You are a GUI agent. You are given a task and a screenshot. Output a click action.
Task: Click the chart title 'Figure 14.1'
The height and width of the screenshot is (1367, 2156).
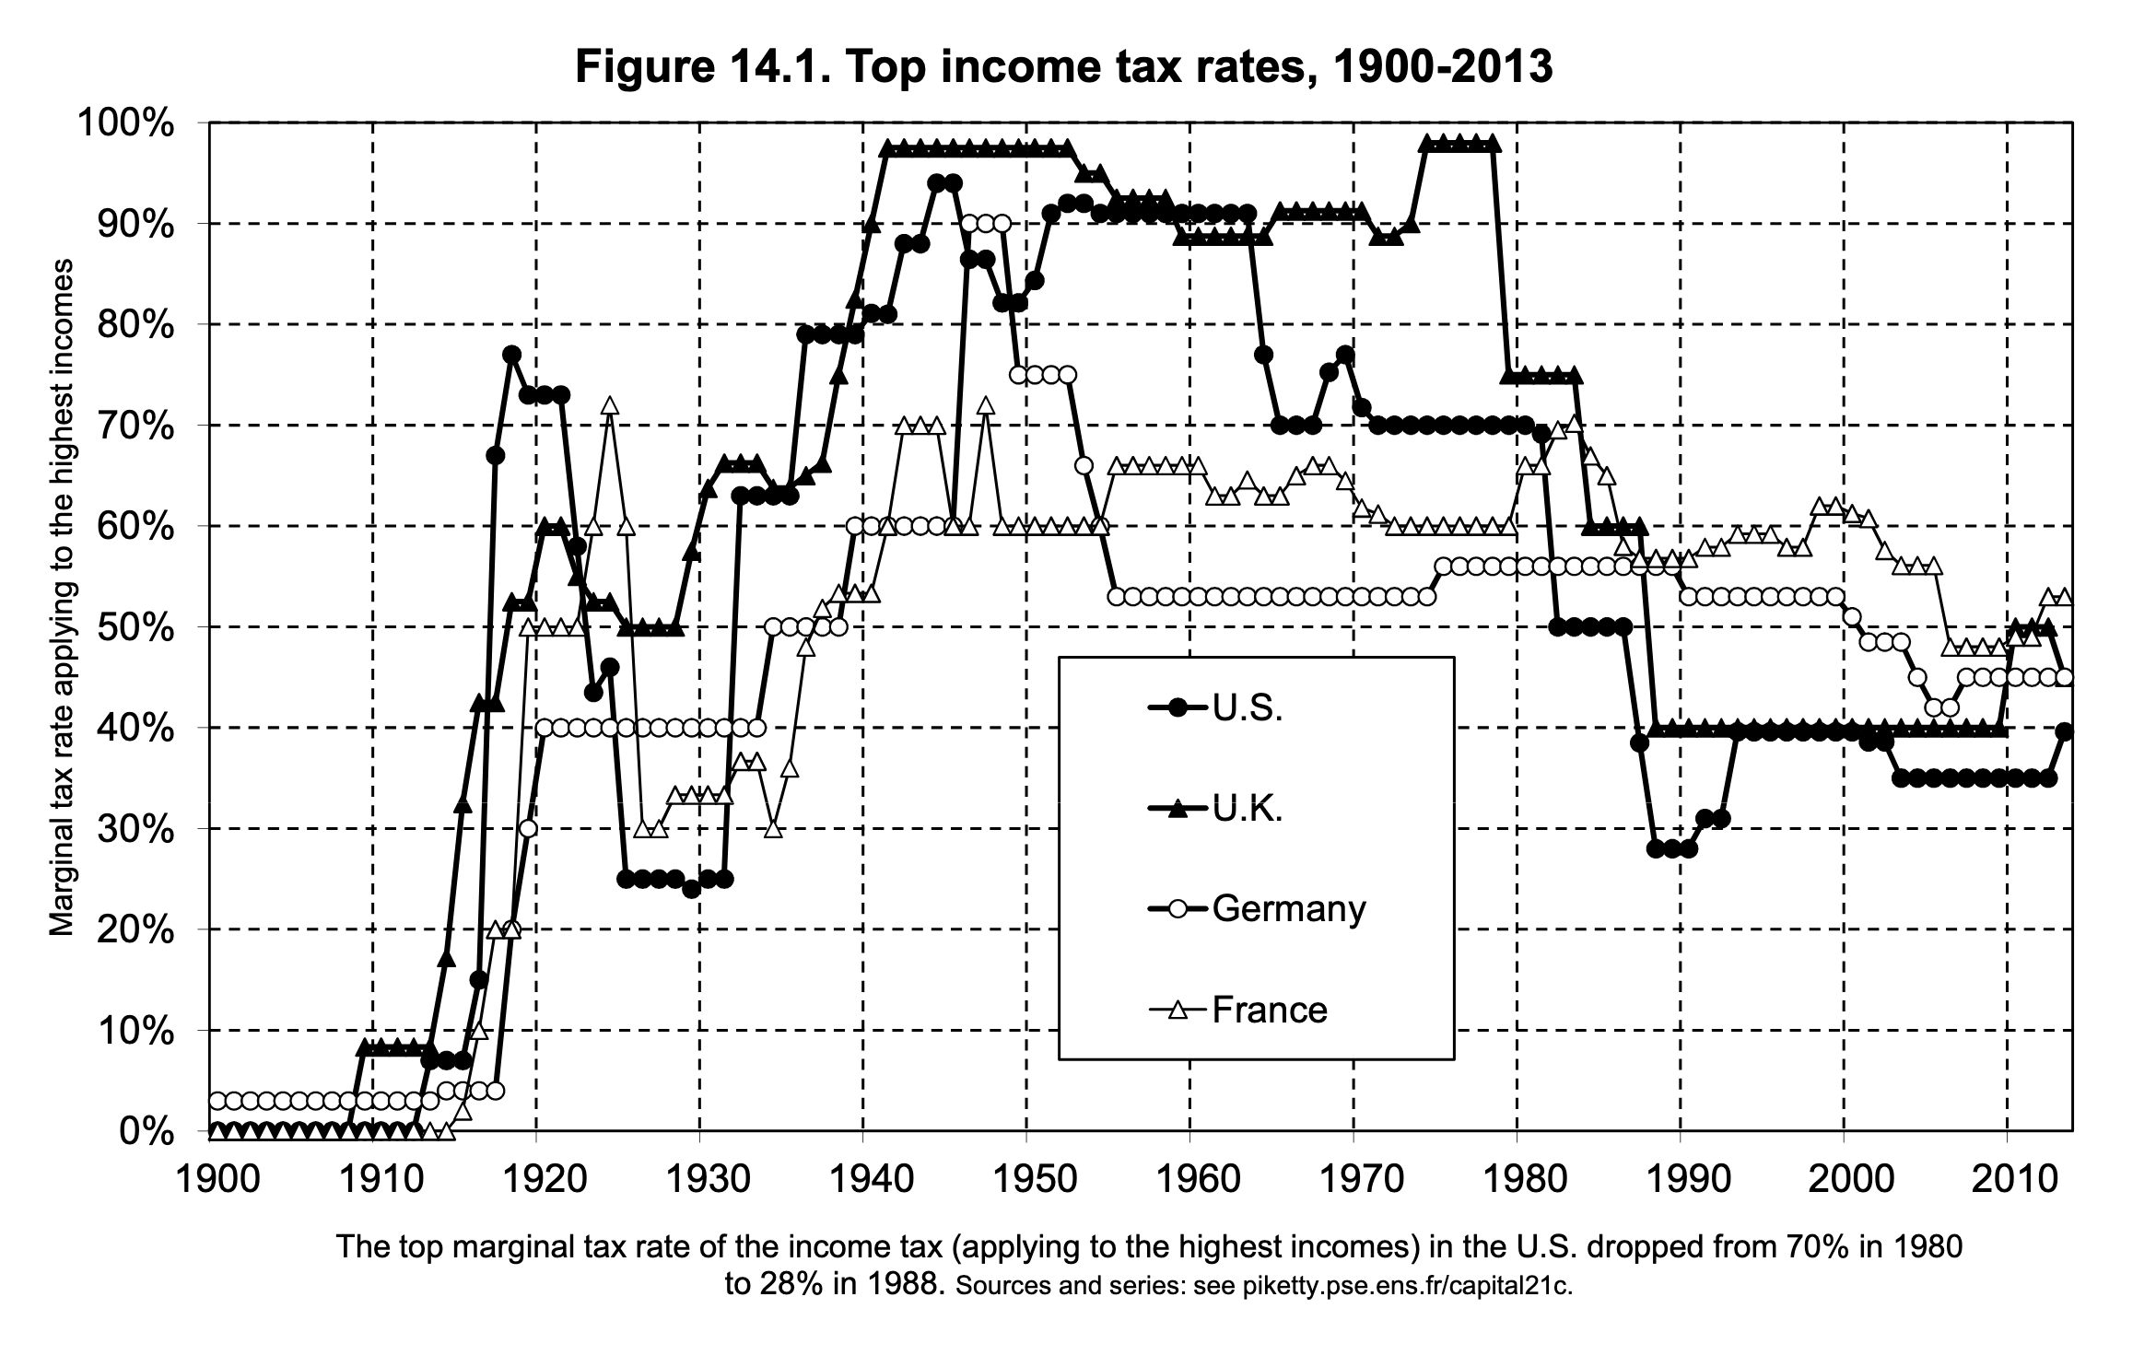click(1064, 67)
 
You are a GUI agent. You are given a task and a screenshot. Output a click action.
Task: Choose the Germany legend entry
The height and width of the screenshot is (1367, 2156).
click(1288, 909)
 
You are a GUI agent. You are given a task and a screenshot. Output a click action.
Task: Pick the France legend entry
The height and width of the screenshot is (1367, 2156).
click(1269, 1011)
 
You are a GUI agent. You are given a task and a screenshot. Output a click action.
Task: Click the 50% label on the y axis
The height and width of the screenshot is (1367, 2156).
click(137, 627)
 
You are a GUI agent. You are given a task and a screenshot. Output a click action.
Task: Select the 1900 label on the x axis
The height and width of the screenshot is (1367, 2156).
click(209, 1180)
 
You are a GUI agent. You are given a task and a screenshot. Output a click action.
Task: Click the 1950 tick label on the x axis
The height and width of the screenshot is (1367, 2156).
click(1026, 1180)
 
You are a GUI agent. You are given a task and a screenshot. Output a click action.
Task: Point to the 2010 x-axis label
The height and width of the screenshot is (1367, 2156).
click(2007, 1180)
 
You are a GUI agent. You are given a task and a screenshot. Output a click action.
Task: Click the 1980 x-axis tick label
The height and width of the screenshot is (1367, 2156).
click(1517, 1180)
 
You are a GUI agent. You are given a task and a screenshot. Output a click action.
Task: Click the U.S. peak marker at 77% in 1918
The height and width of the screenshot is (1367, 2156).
click(512, 355)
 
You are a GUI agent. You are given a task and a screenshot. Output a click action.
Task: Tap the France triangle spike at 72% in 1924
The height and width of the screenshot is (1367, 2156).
click(609, 406)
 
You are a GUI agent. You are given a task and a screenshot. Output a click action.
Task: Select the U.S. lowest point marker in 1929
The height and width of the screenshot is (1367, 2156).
click(692, 889)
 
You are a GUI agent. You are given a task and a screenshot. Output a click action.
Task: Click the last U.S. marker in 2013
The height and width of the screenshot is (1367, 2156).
click(2065, 732)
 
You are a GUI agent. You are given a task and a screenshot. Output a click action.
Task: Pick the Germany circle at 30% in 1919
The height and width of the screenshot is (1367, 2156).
click(528, 828)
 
